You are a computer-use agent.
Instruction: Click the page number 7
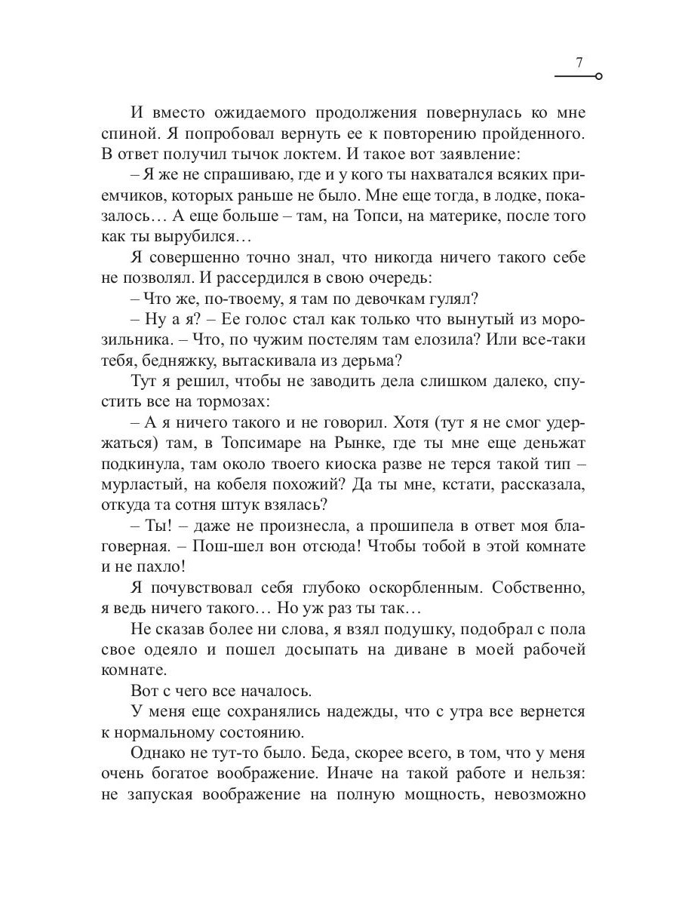(579, 63)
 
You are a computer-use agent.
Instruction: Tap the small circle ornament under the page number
(598, 76)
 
